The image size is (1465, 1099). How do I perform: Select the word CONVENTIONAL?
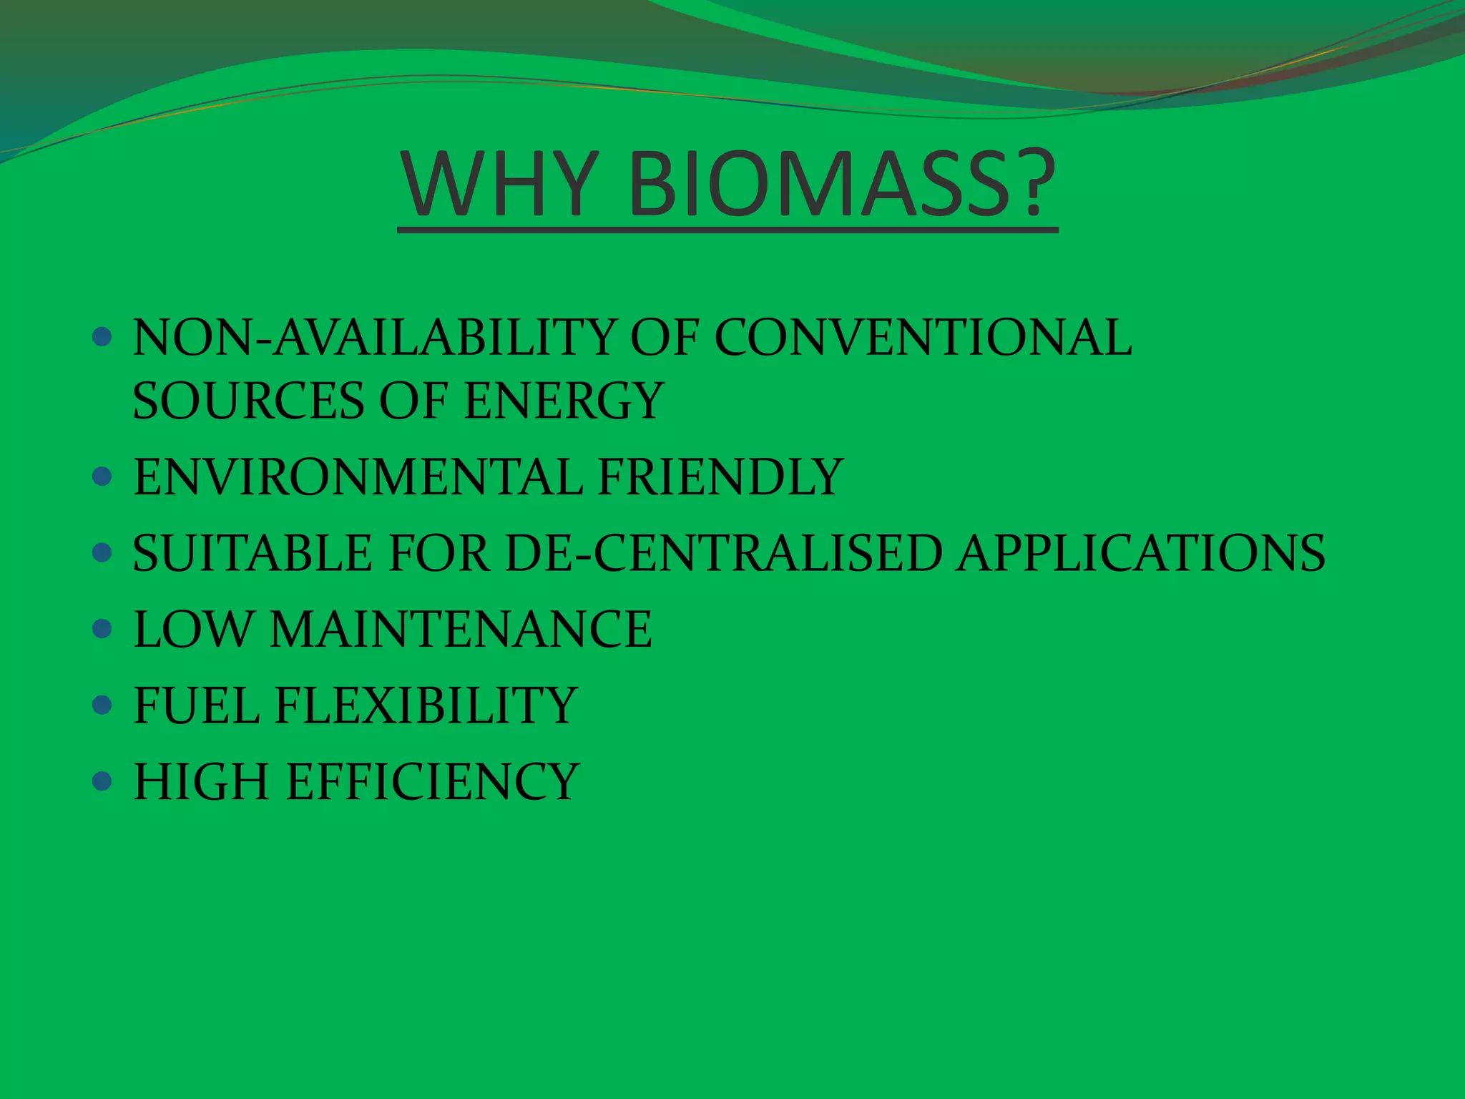[923, 337]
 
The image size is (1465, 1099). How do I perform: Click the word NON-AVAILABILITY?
[373, 337]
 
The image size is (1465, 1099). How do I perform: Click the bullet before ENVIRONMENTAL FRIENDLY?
[102, 477]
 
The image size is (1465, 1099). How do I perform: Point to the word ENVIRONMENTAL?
[358, 477]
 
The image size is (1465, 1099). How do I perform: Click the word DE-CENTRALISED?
[723, 553]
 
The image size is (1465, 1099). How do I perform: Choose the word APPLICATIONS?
[1141, 553]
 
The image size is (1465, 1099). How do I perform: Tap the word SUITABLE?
[253, 553]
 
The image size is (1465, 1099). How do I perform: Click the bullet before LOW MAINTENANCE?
[102, 629]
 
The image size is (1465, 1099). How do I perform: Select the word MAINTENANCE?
[461, 629]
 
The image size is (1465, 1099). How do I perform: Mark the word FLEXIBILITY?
[426, 705]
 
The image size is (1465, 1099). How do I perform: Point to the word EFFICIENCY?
[433, 781]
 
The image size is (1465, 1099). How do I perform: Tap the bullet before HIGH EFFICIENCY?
[102, 781]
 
